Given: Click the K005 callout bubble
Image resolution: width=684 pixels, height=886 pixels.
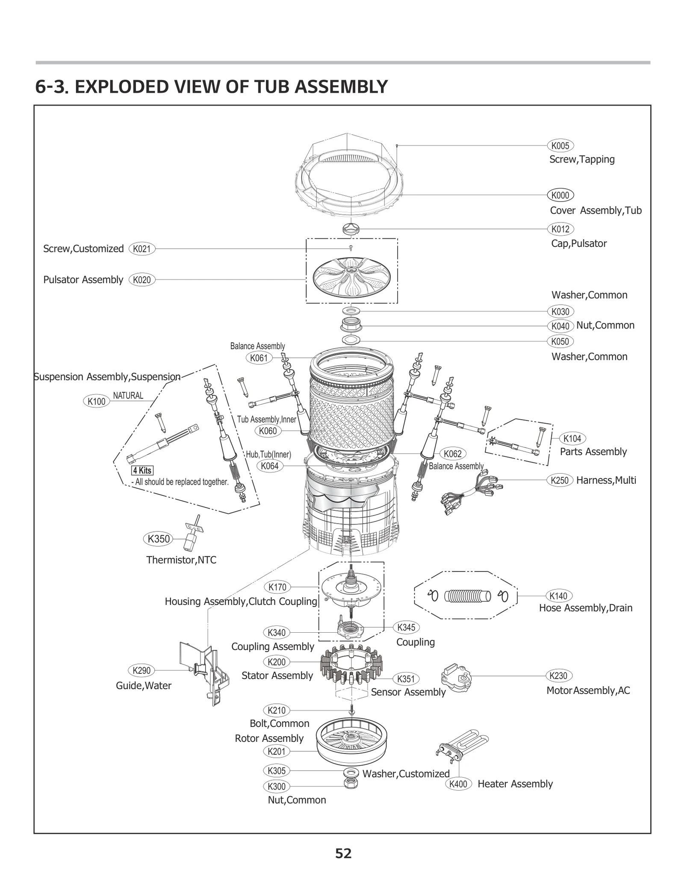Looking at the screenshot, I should pos(560,145).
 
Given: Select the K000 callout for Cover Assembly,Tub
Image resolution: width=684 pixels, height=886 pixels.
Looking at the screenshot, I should pos(560,195).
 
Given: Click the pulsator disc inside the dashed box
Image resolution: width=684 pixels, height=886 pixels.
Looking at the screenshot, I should pos(351,278).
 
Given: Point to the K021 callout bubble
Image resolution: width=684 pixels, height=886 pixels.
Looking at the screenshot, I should pos(142,249).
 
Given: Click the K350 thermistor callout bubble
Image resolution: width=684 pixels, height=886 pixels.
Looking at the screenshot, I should pos(158,539).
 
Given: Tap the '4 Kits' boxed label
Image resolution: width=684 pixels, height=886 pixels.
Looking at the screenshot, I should pos(142,470).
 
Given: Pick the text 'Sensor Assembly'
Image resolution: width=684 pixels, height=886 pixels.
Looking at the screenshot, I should pos(408,692).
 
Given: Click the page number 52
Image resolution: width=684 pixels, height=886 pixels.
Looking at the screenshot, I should pos(343,853).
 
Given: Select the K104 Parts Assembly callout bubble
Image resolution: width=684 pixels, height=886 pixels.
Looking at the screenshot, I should pos(572,438).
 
